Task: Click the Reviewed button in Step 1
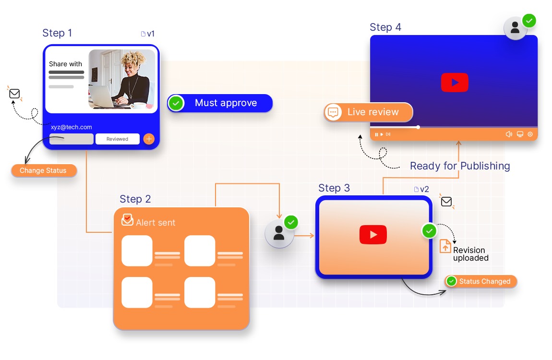(x=118, y=139)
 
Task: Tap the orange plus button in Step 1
(x=149, y=139)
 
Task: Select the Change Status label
(x=43, y=170)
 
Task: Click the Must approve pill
(x=220, y=103)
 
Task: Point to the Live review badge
(x=368, y=112)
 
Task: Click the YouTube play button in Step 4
(x=455, y=83)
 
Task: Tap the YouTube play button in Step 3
(x=373, y=235)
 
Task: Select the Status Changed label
(x=481, y=281)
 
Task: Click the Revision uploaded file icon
(x=445, y=246)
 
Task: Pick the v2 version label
(x=421, y=189)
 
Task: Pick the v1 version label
(x=148, y=34)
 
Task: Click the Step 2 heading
(x=135, y=199)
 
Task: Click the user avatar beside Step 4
(x=515, y=28)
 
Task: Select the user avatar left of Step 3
(x=279, y=234)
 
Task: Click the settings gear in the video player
(x=530, y=134)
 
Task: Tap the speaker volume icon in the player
(x=509, y=134)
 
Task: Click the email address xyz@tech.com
(x=71, y=127)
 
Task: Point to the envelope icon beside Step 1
(x=14, y=94)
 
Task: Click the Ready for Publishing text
(x=460, y=166)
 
